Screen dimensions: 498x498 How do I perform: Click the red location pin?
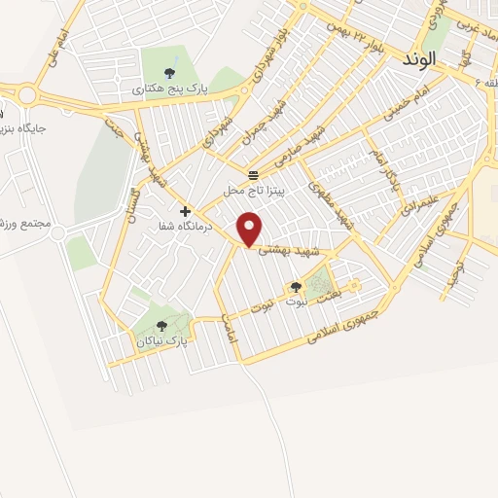pos(252,230)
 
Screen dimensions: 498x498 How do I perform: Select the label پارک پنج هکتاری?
pos(170,89)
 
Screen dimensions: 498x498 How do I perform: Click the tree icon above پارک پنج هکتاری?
pos(170,72)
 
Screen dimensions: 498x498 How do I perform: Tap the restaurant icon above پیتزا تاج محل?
pos(253,175)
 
